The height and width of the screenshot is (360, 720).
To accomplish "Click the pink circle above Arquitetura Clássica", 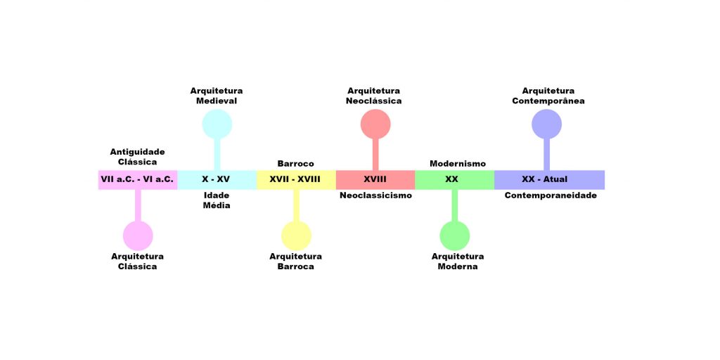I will pyautogui.click(x=138, y=236).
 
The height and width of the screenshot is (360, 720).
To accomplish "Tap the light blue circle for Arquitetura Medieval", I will pyautogui.click(x=217, y=124).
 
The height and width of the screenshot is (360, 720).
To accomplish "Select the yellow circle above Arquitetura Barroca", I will pyautogui.click(x=296, y=236).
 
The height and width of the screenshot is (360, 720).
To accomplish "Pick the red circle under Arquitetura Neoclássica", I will pyautogui.click(x=375, y=124).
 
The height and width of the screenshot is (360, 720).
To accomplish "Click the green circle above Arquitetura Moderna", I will pyautogui.click(x=454, y=236).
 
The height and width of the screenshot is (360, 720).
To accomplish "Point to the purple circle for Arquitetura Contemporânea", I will pyautogui.click(x=546, y=124).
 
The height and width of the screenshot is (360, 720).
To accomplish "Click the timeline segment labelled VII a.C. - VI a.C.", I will pyautogui.click(x=137, y=179).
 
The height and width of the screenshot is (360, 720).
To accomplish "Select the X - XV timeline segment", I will pyautogui.click(x=217, y=179).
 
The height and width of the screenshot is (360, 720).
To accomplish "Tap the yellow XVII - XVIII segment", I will pyautogui.click(x=295, y=179).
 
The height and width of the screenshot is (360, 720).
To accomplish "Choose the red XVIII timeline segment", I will pyautogui.click(x=375, y=179).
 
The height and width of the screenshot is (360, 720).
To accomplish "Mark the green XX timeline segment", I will pyautogui.click(x=454, y=179).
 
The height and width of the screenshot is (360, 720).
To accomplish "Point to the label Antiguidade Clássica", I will pyautogui.click(x=137, y=157).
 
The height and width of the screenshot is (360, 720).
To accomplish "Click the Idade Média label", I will pyautogui.click(x=217, y=200).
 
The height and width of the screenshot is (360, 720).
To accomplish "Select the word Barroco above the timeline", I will pyautogui.click(x=295, y=164).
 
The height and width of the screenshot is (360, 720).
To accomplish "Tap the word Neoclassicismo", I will pyautogui.click(x=375, y=195).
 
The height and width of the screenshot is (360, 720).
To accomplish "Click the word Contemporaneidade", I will pyautogui.click(x=551, y=195).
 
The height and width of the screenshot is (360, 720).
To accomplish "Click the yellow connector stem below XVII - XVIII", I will pyautogui.click(x=296, y=205).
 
